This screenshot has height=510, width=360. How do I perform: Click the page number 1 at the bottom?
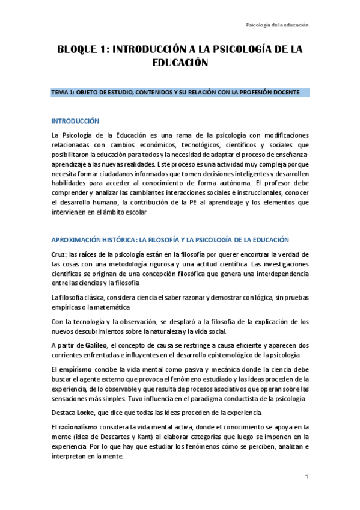pyautogui.click(x=306, y=477)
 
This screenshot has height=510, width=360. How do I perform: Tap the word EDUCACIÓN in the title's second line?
pyautogui.click(x=180, y=62)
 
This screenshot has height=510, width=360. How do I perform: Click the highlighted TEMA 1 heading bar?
pyautogui.click(x=180, y=92)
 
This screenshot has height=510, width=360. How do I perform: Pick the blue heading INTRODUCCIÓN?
pyautogui.click(x=75, y=121)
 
